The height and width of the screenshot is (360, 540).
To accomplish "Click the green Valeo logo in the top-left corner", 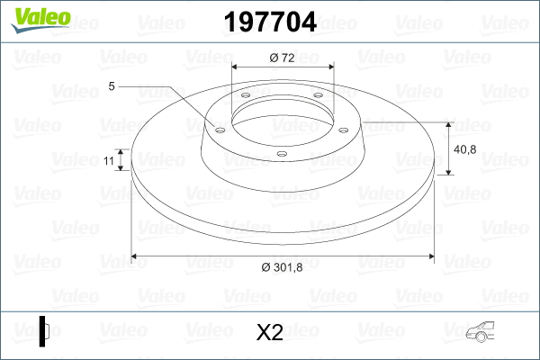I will (x=34, y=20).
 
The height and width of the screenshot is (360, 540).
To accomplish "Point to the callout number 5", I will (x=112, y=86).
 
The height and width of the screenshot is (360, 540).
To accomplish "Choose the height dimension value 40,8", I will (x=466, y=149).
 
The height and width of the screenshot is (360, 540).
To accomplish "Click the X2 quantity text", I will (x=269, y=333).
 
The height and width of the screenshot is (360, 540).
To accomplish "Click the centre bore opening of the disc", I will (x=283, y=117).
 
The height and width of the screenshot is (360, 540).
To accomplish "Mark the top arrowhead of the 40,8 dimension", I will (x=448, y=125).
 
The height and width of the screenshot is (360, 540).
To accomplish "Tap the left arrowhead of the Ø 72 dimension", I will (x=236, y=67).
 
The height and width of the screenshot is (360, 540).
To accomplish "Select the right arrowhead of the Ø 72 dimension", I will (x=329, y=67).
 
